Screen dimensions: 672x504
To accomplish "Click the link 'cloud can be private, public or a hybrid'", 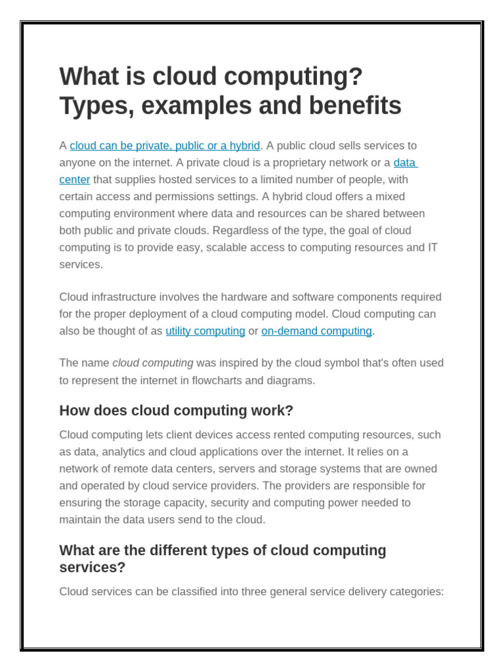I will (x=165, y=146).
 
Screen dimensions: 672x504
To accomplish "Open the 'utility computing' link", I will (x=205, y=331).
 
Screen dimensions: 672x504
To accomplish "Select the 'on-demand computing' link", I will (x=316, y=331).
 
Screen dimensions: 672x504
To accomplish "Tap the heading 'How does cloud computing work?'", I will (x=176, y=411).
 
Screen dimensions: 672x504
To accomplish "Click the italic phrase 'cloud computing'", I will (x=153, y=363).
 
